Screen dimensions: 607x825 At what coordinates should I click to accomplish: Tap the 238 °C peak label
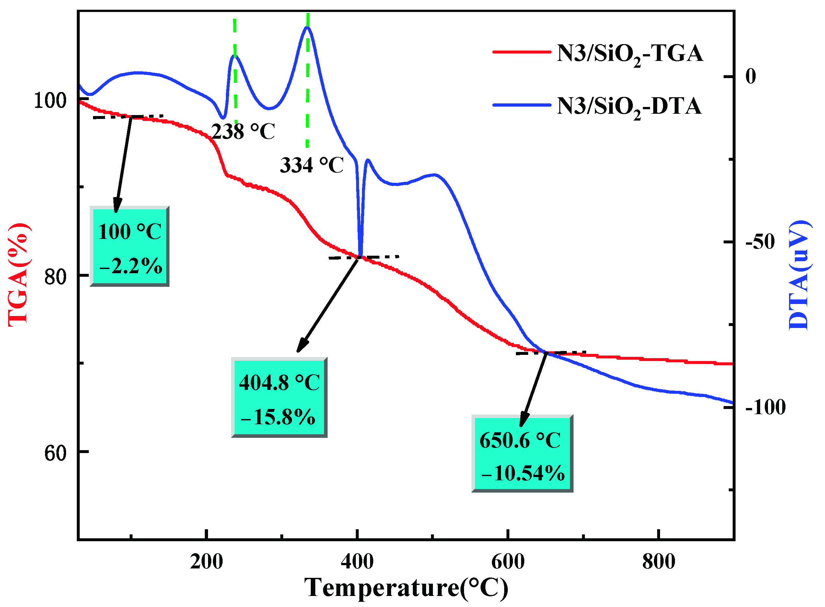click(x=243, y=132)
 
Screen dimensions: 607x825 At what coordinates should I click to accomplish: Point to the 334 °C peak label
click(x=311, y=165)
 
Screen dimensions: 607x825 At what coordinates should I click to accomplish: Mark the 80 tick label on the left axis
click(x=55, y=277)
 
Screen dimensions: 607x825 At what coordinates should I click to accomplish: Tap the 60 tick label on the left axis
click(x=55, y=453)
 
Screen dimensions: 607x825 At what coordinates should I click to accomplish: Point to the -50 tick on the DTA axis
click(x=760, y=242)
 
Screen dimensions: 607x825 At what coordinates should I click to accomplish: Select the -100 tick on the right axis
click(x=765, y=407)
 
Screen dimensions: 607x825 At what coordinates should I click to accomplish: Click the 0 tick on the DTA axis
click(x=750, y=76)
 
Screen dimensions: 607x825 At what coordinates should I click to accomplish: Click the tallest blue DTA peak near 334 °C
click(x=307, y=28)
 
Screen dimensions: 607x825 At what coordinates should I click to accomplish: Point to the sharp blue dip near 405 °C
click(x=360, y=254)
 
